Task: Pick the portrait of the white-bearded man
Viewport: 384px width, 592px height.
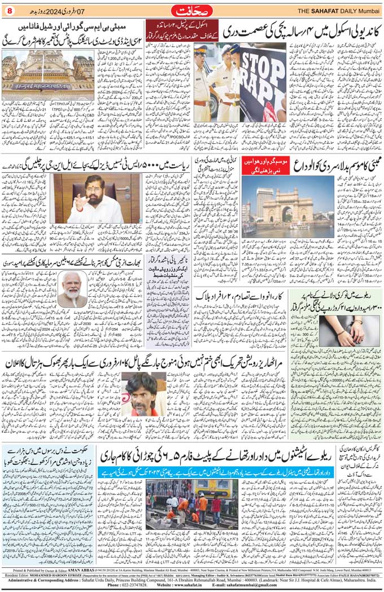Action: pos(73,288)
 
